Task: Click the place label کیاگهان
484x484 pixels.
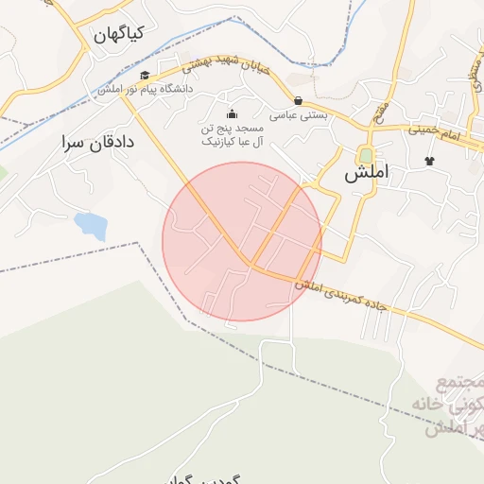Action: tap(118, 34)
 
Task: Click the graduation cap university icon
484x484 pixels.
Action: tap(144, 76)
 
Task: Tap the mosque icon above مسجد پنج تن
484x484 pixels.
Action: tap(233, 115)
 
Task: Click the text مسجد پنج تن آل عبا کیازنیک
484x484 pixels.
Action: tap(233, 134)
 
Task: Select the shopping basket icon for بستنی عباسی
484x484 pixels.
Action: tap(299, 100)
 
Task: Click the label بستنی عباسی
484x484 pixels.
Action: tap(299, 115)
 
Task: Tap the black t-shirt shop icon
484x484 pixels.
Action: tap(430, 161)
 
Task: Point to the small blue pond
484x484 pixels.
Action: tap(90, 225)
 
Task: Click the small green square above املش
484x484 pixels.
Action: tap(365, 155)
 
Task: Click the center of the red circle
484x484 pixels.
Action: tap(242, 242)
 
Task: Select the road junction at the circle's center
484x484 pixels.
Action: tap(251, 263)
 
